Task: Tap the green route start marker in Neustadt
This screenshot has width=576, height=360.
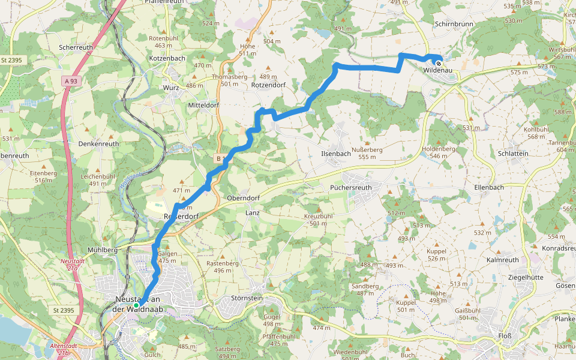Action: (x=136, y=305)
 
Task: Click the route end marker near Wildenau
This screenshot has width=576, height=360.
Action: (x=439, y=63)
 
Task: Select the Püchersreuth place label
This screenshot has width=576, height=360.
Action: (x=351, y=187)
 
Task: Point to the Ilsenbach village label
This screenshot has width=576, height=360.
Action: (x=336, y=154)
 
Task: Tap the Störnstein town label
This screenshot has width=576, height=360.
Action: (x=247, y=298)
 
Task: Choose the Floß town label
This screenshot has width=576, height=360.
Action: (x=505, y=335)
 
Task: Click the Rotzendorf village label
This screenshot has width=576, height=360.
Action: (x=268, y=85)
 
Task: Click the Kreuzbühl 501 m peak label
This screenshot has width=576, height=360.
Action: (x=319, y=219)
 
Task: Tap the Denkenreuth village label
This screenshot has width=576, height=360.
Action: (x=99, y=144)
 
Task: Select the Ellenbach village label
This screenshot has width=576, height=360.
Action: (x=489, y=187)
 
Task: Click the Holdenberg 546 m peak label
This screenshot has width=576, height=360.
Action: (x=439, y=152)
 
